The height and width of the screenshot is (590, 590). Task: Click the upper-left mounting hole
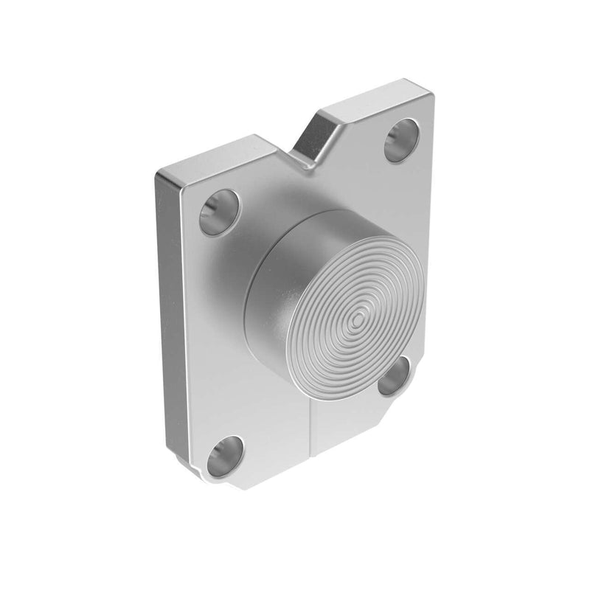[x=220, y=212]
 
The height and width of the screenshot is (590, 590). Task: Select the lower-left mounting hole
[x=225, y=456]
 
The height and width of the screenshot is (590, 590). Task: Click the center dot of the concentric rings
[x=358, y=319]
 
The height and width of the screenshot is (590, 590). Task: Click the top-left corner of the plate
[x=159, y=176]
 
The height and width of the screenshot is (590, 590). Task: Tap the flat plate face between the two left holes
[x=214, y=332]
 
